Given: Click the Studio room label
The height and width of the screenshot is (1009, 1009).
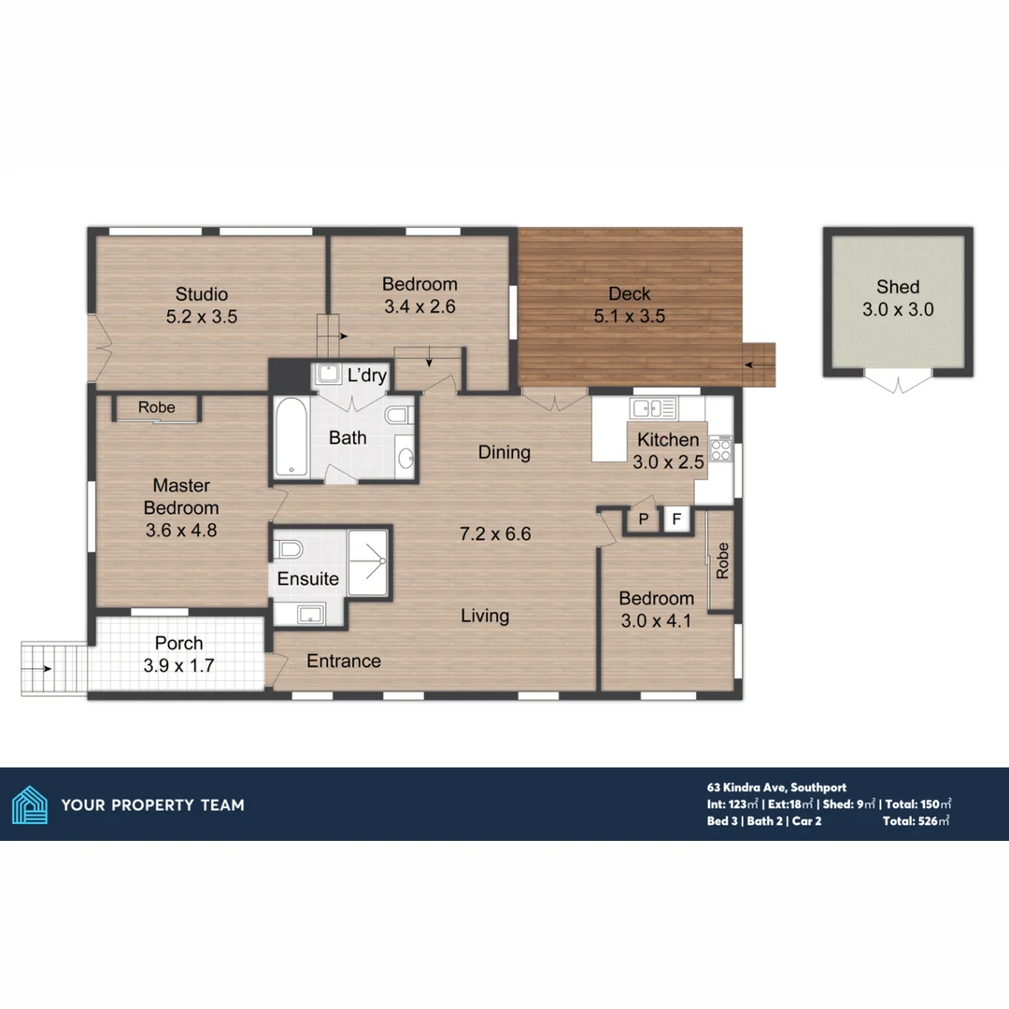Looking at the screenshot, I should click(202, 294).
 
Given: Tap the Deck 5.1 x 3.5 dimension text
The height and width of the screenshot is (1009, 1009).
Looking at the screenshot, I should click(629, 317).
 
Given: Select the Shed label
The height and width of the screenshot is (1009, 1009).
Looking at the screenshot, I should click(898, 287).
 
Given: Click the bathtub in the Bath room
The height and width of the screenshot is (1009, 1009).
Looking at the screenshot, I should click(292, 437).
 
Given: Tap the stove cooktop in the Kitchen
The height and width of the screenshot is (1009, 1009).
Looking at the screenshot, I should click(721, 449).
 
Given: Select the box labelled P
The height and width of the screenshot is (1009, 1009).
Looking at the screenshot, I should click(644, 519).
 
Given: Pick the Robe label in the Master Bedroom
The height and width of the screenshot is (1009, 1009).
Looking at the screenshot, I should click(156, 407).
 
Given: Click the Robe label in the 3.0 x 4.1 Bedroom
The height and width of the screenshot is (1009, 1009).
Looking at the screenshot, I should click(721, 561).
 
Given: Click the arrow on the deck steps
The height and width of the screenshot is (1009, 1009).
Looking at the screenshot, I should click(759, 363).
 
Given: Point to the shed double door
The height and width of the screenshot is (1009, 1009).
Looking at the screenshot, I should click(898, 382).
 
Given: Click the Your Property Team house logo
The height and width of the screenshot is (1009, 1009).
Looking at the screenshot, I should click(29, 804).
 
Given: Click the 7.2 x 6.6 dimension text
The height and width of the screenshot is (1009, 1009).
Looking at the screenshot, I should click(494, 534).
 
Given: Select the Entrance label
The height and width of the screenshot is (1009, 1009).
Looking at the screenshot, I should click(344, 661).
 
